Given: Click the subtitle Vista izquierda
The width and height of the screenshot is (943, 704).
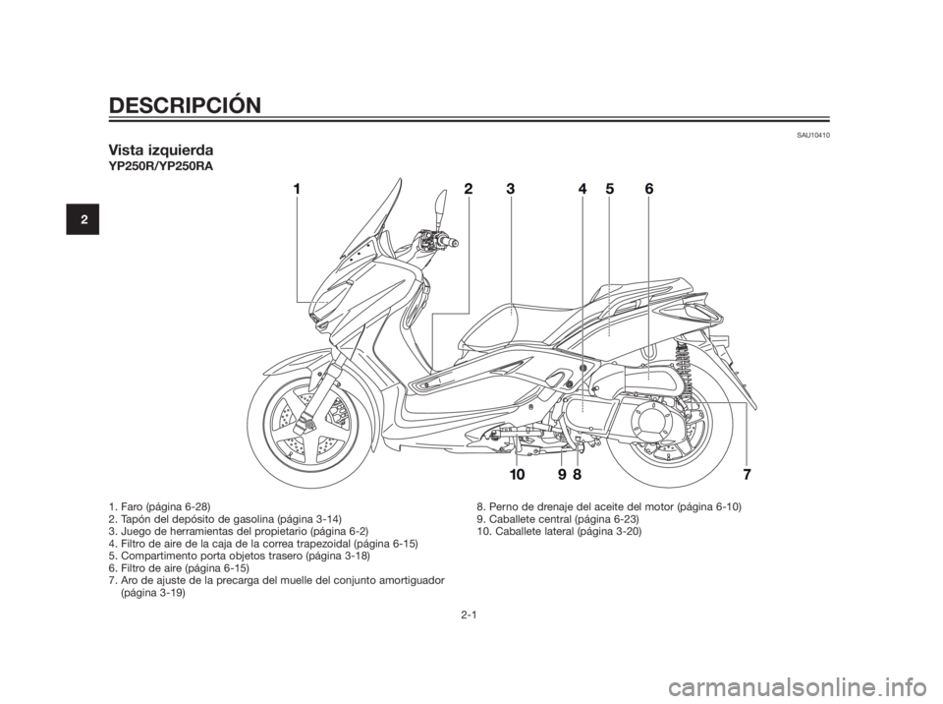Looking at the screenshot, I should click(x=163, y=150).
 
